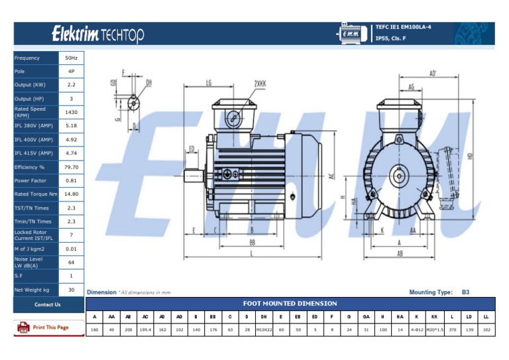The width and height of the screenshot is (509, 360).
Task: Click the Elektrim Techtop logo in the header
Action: (98, 34)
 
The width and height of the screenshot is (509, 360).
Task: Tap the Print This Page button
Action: (44, 328)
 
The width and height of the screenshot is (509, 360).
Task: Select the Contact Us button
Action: (48, 304)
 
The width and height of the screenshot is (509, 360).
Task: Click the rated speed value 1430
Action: (72, 112)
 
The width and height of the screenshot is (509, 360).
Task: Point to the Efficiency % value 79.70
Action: (72, 167)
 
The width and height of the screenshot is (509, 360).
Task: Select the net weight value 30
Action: (72, 290)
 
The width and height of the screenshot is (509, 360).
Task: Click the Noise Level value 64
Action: (72, 263)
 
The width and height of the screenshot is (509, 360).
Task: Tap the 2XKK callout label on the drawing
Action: (259, 84)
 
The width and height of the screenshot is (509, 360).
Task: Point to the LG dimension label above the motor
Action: (209, 84)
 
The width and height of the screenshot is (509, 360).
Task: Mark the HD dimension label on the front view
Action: (470, 156)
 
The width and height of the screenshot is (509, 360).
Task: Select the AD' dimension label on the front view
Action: (432, 74)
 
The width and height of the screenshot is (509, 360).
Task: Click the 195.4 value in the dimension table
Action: (146, 329)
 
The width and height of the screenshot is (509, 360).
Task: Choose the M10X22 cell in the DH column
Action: (264, 329)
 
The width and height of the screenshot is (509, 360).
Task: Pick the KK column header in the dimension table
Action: (434, 316)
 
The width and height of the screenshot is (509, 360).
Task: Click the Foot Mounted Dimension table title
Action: (290, 303)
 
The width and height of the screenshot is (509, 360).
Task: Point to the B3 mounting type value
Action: (465, 292)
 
